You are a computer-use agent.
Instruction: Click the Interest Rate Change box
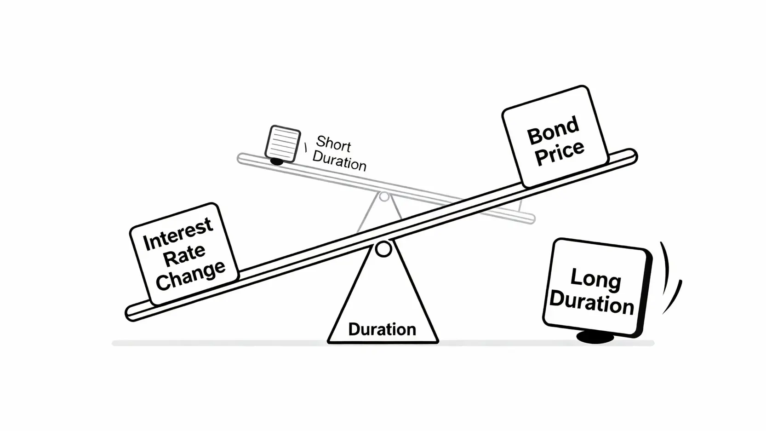tap(184, 253)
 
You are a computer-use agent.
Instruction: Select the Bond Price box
tap(555, 137)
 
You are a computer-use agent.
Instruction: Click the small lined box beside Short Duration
tap(282, 143)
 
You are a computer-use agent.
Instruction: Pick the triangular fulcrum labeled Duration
tap(383, 304)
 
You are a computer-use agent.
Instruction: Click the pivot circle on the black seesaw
tap(383, 249)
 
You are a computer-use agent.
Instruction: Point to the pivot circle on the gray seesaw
tap(384, 197)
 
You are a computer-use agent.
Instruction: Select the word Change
tap(190, 275)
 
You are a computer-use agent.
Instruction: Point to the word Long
tap(595, 278)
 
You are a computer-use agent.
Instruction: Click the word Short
tap(333, 144)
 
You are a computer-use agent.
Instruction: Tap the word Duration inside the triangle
tap(382, 329)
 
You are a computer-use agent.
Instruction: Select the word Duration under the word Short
tap(339, 161)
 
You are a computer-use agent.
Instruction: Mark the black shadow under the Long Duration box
tap(595, 338)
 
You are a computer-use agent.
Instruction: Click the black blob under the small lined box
tap(276, 161)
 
